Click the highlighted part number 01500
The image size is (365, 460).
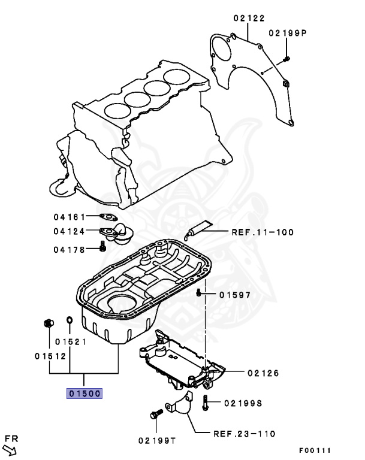(x=85, y=394)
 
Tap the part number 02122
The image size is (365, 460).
(x=248, y=19)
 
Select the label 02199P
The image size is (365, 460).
(x=287, y=33)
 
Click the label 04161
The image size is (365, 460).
(x=65, y=217)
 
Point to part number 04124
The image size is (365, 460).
(x=65, y=231)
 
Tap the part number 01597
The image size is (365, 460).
(x=234, y=295)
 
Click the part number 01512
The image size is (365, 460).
(x=49, y=355)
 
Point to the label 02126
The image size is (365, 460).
(x=263, y=373)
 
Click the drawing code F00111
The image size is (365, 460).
(x=315, y=450)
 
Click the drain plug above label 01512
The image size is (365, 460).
(x=48, y=324)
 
